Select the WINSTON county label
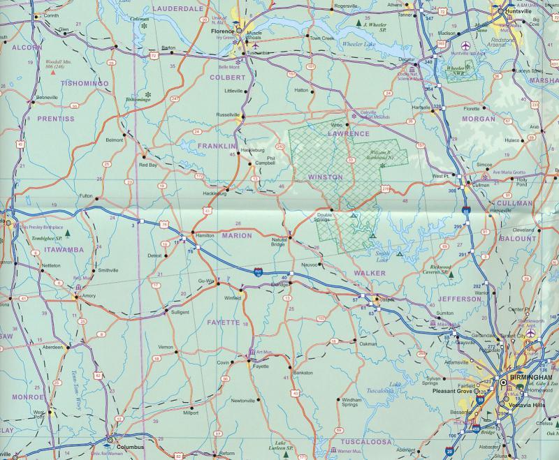tap(326, 177)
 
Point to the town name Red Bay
tap(148, 165)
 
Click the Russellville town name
tap(228, 114)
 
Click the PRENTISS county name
tap(55, 119)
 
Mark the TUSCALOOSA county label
tap(368, 442)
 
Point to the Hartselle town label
tap(421, 107)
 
